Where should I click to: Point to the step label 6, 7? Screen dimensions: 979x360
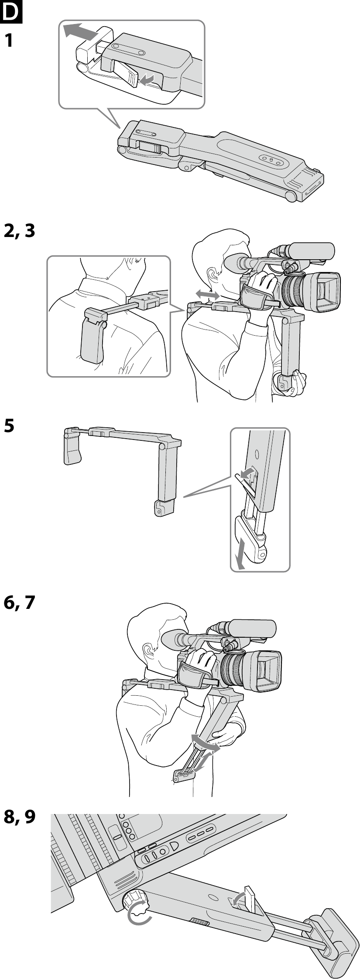pyautogui.click(x=19, y=603)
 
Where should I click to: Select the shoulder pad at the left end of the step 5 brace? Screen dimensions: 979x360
pyautogui.click(x=72, y=448)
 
